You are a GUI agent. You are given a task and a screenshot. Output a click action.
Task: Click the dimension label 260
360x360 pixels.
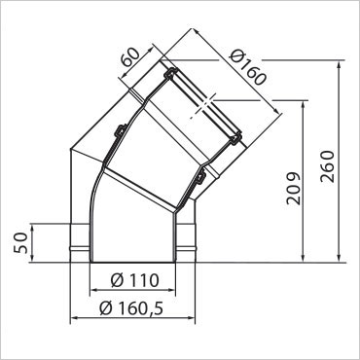coord(327,166)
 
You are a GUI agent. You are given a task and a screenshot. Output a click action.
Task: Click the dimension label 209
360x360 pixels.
coord(294,189)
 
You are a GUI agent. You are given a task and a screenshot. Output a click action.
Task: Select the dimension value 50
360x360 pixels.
coord(21,242)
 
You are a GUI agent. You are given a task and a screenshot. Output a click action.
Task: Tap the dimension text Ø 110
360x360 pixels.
coord(134,280)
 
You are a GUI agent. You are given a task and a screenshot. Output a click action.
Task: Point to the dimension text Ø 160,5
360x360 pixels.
coord(131,308)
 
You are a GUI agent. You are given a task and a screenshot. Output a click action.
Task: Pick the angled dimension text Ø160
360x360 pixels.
coord(247,68)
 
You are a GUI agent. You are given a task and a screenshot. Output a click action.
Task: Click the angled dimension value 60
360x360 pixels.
coord(129,57)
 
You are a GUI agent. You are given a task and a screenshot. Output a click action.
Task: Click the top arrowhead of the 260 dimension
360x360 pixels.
coord(339,64)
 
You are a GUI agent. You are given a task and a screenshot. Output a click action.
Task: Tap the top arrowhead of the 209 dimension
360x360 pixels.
coord(303,105)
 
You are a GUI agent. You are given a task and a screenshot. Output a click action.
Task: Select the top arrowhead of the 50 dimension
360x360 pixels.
coord(32,228)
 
